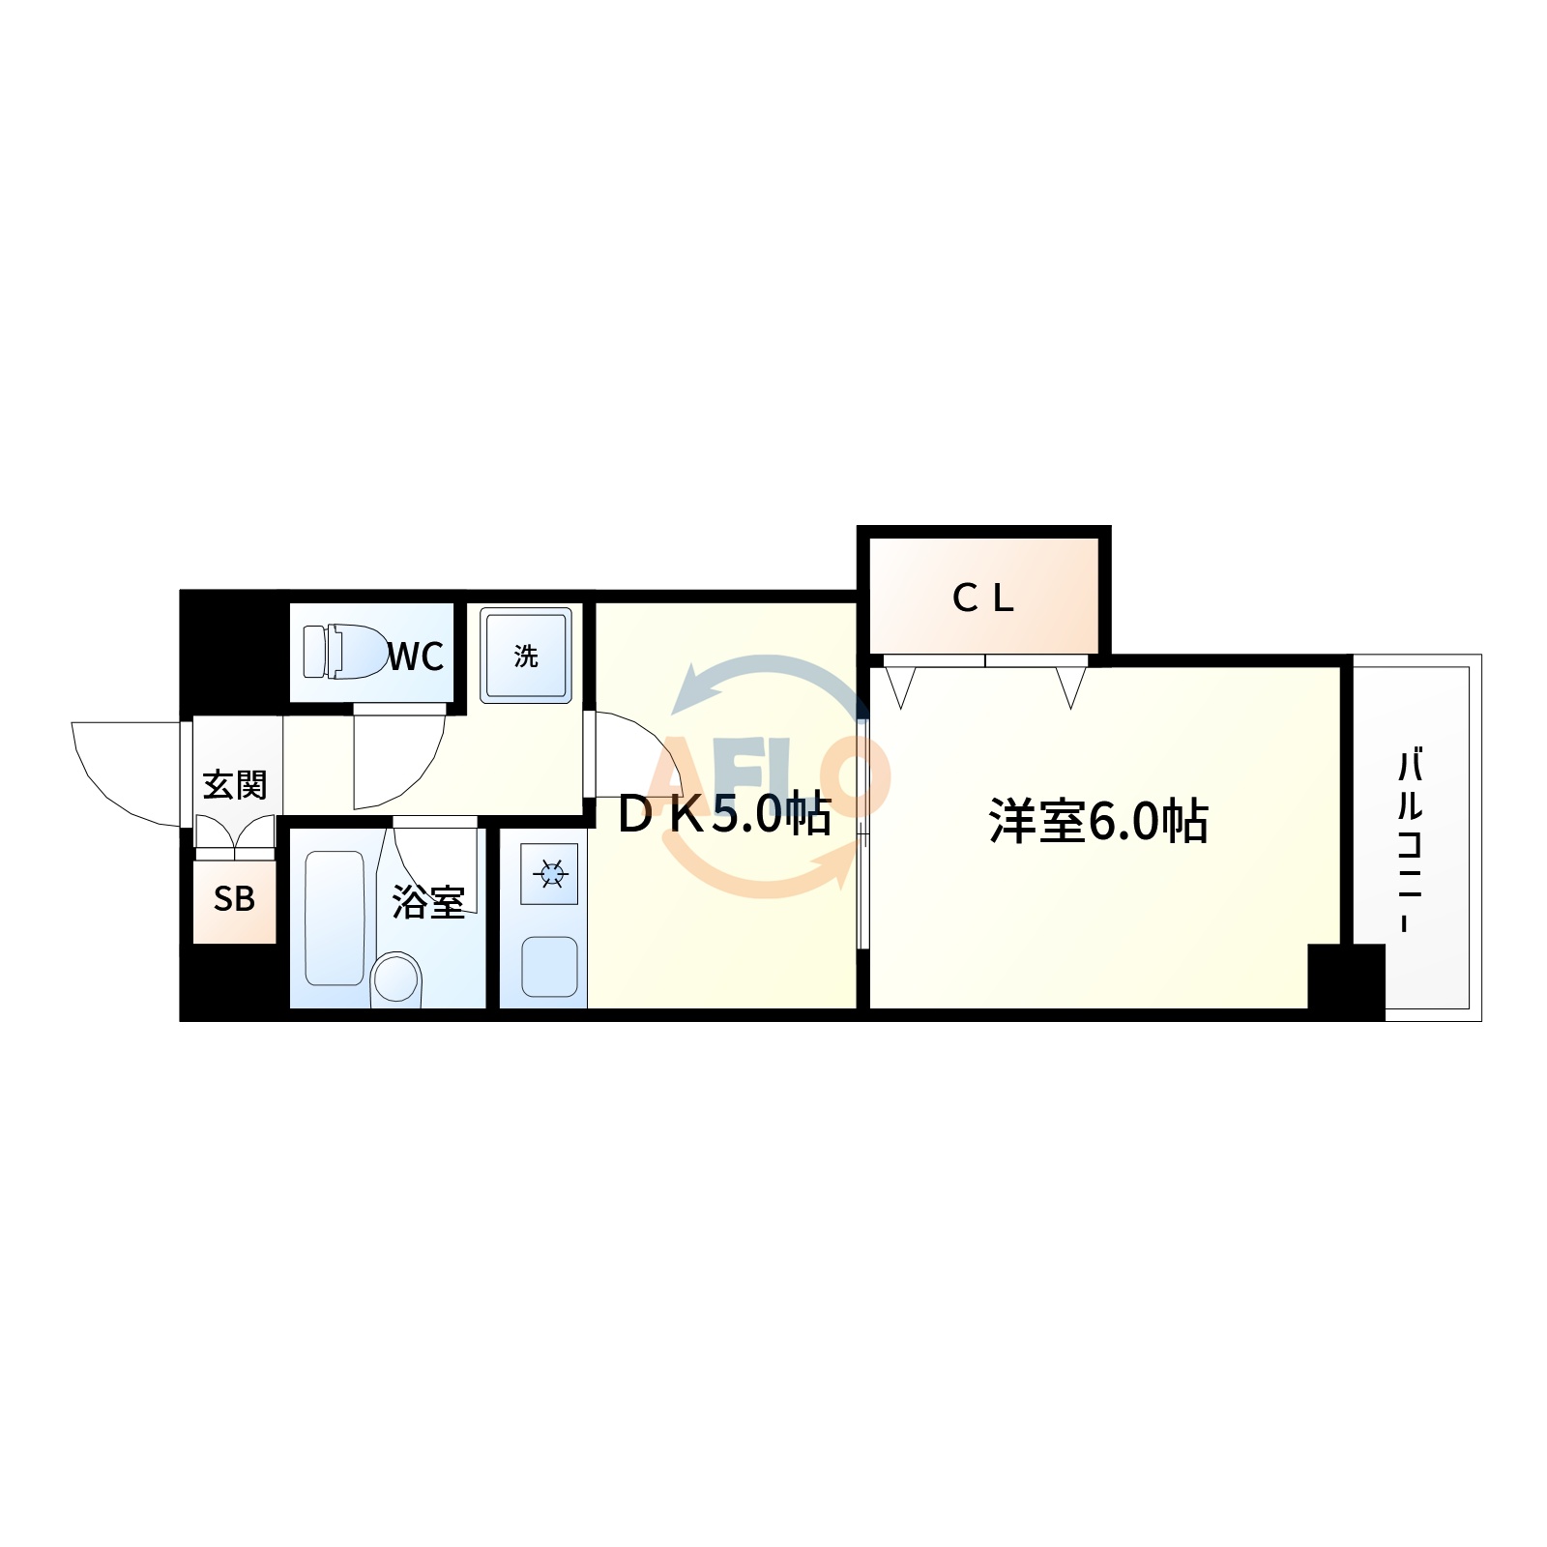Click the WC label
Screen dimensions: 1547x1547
[x=417, y=657]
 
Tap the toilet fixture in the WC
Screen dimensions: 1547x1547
[x=345, y=651]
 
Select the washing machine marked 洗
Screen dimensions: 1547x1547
[x=526, y=655]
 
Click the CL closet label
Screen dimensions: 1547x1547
[x=983, y=598]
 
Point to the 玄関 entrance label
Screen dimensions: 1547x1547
[x=235, y=784]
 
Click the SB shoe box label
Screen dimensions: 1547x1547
[x=234, y=899]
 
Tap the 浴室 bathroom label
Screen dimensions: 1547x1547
[x=428, y=902]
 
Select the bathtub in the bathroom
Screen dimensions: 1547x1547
[x=335, y=918]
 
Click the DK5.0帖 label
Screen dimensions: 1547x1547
[x=724, y=814]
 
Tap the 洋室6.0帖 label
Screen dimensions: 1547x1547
[x=1098, y=821]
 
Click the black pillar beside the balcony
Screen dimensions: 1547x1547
[x=1346, y=978]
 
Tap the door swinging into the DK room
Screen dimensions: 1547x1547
[x=633, y=754]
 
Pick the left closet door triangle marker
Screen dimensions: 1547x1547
[x=900, y=686]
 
